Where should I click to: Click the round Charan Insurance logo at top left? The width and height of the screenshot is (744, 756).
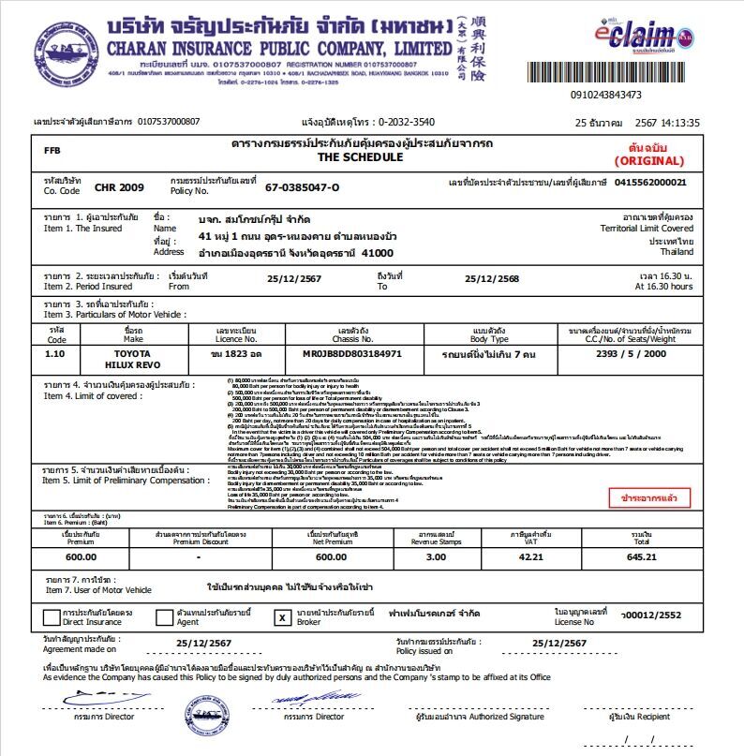point(66,52)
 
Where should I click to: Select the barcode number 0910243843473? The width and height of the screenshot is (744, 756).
point(605,95)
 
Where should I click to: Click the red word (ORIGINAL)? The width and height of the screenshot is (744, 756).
point(649,161)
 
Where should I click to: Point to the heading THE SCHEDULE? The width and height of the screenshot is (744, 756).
point(361,157)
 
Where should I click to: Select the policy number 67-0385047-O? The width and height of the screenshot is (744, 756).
point(302,186)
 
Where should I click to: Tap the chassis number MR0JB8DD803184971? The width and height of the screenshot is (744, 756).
point(352,355)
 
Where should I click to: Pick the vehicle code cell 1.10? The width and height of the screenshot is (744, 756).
point(55,355)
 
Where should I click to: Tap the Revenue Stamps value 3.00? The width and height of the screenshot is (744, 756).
point(437,556)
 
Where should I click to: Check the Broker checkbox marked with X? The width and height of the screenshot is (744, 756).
point(281,617)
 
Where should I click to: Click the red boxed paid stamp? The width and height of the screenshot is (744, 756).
point(648,497)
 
